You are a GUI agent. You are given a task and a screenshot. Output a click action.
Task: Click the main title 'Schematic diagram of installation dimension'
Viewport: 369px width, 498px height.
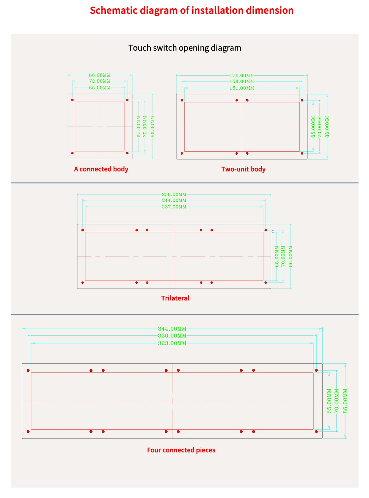point(192,10)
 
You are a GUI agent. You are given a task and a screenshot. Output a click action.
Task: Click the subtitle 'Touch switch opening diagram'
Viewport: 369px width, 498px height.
point(184,48)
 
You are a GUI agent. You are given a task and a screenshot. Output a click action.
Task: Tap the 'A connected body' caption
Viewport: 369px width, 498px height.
point(101,169)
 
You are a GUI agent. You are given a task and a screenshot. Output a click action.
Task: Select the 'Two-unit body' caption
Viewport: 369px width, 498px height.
point(243,169)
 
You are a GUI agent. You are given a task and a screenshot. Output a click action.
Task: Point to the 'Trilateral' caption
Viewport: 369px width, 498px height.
point(175,298)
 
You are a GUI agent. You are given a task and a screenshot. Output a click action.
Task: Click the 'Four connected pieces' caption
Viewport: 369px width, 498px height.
point(181,450)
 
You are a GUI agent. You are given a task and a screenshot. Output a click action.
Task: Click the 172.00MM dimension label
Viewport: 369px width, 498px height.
point(242,75)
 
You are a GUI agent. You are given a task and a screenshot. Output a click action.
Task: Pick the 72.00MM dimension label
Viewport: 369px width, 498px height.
point(100,81)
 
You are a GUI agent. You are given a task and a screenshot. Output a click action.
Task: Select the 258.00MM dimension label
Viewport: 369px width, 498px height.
point(174,194)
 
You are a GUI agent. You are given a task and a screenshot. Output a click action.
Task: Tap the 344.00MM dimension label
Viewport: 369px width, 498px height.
point(172,329)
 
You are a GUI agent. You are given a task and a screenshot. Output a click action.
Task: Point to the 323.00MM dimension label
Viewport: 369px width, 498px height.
point(172,343)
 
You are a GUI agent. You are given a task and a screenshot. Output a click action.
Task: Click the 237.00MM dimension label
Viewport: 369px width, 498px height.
point(174,207)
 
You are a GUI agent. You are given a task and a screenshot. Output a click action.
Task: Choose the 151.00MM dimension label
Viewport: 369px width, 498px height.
point(242,88)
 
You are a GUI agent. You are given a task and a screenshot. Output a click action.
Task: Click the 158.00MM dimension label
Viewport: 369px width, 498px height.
point(242,81)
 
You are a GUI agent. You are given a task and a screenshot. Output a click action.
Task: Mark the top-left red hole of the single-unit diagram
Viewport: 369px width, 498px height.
point(73,100)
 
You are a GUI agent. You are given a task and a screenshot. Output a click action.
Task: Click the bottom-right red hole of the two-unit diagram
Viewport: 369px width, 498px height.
point(302,153)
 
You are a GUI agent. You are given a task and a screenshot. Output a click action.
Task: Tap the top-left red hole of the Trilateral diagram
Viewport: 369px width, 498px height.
point(82,230)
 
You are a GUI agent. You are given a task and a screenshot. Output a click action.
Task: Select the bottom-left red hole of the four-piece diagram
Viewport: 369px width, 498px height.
point(28,432)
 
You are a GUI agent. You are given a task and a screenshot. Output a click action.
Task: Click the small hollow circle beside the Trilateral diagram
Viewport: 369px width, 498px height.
point(273,231)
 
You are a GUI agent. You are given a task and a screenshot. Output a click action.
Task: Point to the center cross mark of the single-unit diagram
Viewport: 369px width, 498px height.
point(100,126)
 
